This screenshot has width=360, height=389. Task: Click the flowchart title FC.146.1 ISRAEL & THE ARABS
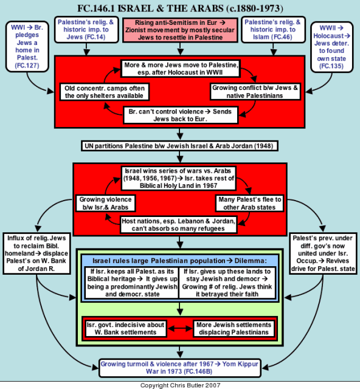tap(180, 9)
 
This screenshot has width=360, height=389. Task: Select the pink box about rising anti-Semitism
tap(180, 30)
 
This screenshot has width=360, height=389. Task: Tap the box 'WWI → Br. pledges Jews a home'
tap(27, 46)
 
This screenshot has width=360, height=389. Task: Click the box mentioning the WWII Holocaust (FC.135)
tap(331, 47)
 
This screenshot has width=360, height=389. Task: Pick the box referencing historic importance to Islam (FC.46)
tap(273, 30)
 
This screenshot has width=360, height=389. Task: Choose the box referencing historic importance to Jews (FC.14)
tap(86, 30)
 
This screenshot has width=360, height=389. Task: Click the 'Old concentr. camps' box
tap(104, 92)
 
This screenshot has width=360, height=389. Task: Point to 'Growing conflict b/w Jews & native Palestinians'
tap(255, 92)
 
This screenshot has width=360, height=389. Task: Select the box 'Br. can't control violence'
tap(180, 115)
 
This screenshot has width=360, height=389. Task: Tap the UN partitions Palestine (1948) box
tap(179, 146)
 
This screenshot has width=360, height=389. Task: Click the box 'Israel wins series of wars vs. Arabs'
tap(179, 178)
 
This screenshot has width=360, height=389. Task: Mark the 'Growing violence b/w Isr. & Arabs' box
tap(106, 203)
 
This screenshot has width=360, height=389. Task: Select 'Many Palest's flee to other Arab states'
tap(249, 203)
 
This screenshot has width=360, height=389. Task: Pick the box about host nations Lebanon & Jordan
tap(179, 225)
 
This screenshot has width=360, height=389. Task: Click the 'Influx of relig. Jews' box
tap(36, 253)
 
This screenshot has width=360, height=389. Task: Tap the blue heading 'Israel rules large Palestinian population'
tap(179, 261)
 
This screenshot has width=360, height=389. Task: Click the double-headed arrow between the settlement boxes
tap(180, 328)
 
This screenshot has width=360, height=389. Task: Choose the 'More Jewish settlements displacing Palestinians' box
tap(234, 328)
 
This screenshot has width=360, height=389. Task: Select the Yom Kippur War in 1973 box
tap(179, 368)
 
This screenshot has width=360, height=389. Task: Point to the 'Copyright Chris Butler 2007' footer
tap(180, 385)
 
